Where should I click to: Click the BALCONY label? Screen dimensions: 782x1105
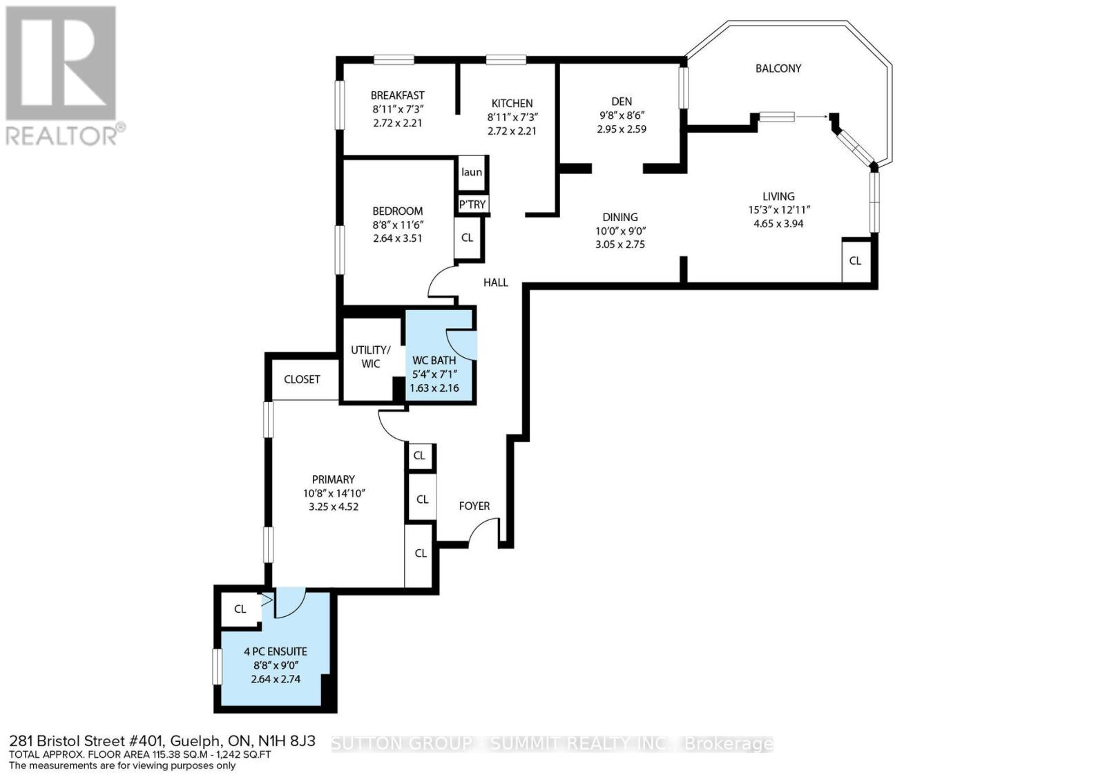778,68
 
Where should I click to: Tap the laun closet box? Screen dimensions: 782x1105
472,173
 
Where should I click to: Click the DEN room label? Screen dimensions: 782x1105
622,102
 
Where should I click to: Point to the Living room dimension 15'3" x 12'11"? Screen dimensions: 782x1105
778,210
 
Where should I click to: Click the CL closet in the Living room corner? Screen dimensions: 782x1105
855,260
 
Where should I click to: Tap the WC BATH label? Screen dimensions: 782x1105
434,361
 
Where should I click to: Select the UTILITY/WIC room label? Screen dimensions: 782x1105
371,356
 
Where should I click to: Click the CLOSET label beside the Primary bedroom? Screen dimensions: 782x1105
302,379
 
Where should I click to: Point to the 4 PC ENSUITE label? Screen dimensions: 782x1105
276,651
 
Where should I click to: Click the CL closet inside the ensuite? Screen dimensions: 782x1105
240,609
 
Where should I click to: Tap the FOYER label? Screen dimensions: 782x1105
474,506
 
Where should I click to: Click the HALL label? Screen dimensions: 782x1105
496,283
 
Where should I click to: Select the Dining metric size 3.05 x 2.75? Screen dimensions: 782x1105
620,245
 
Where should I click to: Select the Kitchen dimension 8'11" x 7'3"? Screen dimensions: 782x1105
512,117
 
